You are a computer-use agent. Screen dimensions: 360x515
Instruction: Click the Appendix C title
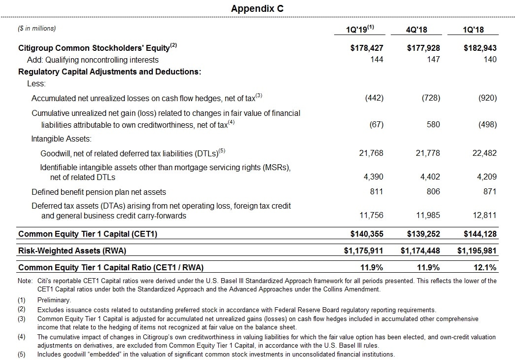[x=257, y=9]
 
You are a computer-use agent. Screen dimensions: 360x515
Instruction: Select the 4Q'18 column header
[x=416, y=30]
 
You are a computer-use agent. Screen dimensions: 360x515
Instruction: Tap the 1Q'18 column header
[x=473, y=30]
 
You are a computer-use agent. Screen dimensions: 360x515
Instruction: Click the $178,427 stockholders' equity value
[x=363, y=48]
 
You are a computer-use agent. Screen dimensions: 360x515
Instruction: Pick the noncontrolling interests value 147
[x=433, y=60]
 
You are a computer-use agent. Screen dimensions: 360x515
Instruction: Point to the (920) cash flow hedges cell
[x=487, y=98]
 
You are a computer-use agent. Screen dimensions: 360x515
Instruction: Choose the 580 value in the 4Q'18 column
[x=433, y=125]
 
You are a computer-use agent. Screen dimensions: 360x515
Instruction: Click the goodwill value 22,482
[x=484, y=153]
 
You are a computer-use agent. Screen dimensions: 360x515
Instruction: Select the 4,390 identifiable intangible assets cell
[x=373, y=177]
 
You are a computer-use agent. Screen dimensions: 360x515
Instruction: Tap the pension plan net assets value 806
[x=433, y=192]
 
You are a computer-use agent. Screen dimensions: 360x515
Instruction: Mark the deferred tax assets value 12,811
[x=484, y=216]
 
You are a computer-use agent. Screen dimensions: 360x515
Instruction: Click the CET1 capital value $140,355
[x=363, y=234]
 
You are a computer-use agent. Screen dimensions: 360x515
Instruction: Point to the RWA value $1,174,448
[x=420, y=251]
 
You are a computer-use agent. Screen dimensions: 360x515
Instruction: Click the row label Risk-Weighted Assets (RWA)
[x=72, y=251]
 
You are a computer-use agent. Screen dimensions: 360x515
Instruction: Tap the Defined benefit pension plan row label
[x=99, y=192]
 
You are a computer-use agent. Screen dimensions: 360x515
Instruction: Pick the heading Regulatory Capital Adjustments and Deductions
[x=109, y=72]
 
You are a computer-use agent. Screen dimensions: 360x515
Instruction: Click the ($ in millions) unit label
[x=37, y=29]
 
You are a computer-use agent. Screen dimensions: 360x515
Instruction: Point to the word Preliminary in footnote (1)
[x=54, y=300]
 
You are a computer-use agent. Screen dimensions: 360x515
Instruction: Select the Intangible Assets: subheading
[x=61, y=139]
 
